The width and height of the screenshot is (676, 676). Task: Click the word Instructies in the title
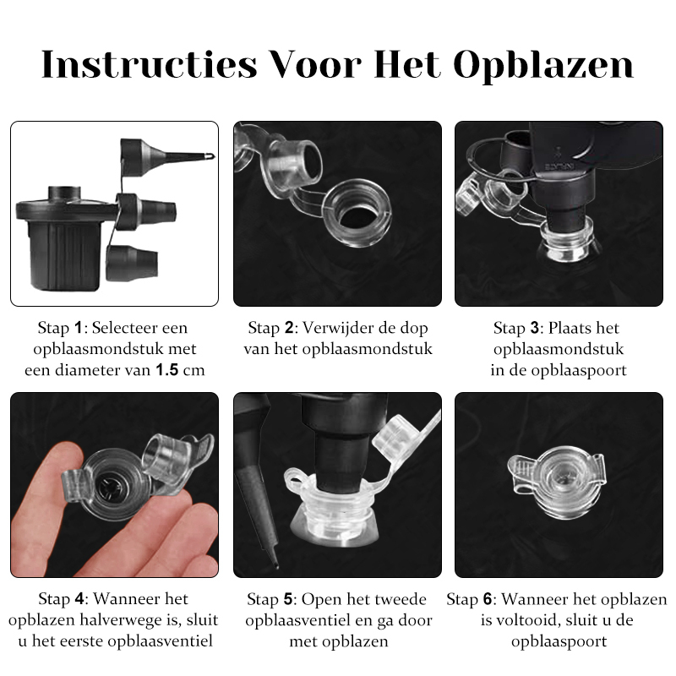coord(150,65)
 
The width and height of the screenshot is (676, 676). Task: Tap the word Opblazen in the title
coord(543,67)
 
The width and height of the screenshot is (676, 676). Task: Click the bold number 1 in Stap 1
coord(78,328)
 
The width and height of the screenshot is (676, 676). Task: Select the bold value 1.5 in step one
coord(166,370)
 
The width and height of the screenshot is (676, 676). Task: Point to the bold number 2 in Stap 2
coord(289,328)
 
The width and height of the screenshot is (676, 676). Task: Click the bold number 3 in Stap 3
coord(535,328)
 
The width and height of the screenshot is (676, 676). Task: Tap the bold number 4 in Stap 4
coord(79,599)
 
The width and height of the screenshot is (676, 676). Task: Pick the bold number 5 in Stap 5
coord(288,599)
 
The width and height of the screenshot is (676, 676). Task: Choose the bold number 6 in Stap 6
coord(488,599)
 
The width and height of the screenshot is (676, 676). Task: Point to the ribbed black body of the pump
coord(65,254)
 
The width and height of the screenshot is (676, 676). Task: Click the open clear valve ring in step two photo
coord(357,213)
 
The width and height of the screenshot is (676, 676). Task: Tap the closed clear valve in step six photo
coord(557,480)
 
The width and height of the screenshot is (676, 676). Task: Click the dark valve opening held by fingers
coord(107,488)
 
